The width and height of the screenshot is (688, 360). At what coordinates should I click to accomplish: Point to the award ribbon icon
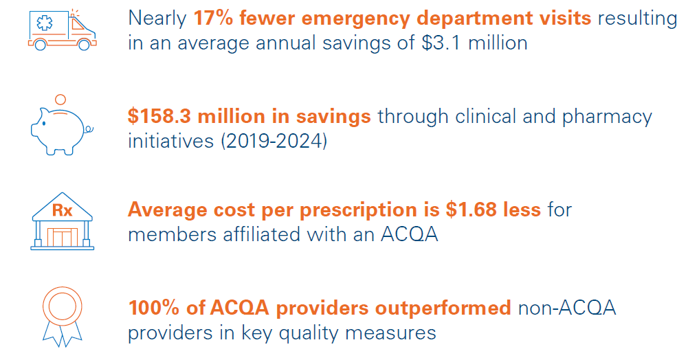pyautogui.click(x=62, y=313)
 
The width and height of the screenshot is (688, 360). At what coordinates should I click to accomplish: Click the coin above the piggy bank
pyautogui.click(x=60, y=100)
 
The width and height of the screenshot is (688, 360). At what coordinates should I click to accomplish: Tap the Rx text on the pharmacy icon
pyautogui.click(x=62, y=210)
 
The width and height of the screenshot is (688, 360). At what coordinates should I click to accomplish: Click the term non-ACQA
pyautogui.click(x=566, y=307)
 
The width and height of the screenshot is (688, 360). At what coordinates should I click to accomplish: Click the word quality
pyautogui.click(x=319, y=333)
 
